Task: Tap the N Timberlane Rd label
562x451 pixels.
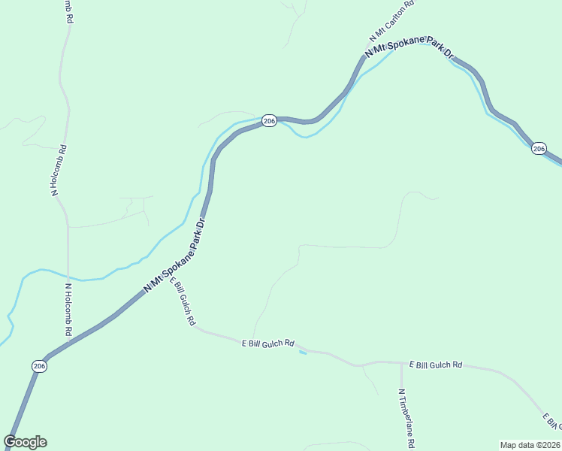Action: pos(402,415)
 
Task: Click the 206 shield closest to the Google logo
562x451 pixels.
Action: pos(40,365)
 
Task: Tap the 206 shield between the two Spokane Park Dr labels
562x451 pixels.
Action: pos(270,120)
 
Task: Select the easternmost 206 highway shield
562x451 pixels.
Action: pos(538,149)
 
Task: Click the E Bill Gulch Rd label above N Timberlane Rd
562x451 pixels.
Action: pos(435,365)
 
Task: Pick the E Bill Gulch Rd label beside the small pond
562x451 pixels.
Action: pos(267,344)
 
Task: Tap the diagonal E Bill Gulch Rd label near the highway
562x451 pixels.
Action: pos(183,301)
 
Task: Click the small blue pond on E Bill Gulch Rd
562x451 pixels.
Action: pos(303,352)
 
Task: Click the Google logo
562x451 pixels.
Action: pos(25,442)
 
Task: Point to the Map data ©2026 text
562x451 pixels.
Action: pos(530,444)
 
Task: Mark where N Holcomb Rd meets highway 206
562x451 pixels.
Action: pos(68,344)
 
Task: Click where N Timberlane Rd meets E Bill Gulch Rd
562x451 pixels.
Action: pos(398,362)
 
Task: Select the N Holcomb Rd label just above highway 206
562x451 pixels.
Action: pos(68,310)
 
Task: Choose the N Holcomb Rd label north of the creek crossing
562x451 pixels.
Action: pos(59,171)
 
